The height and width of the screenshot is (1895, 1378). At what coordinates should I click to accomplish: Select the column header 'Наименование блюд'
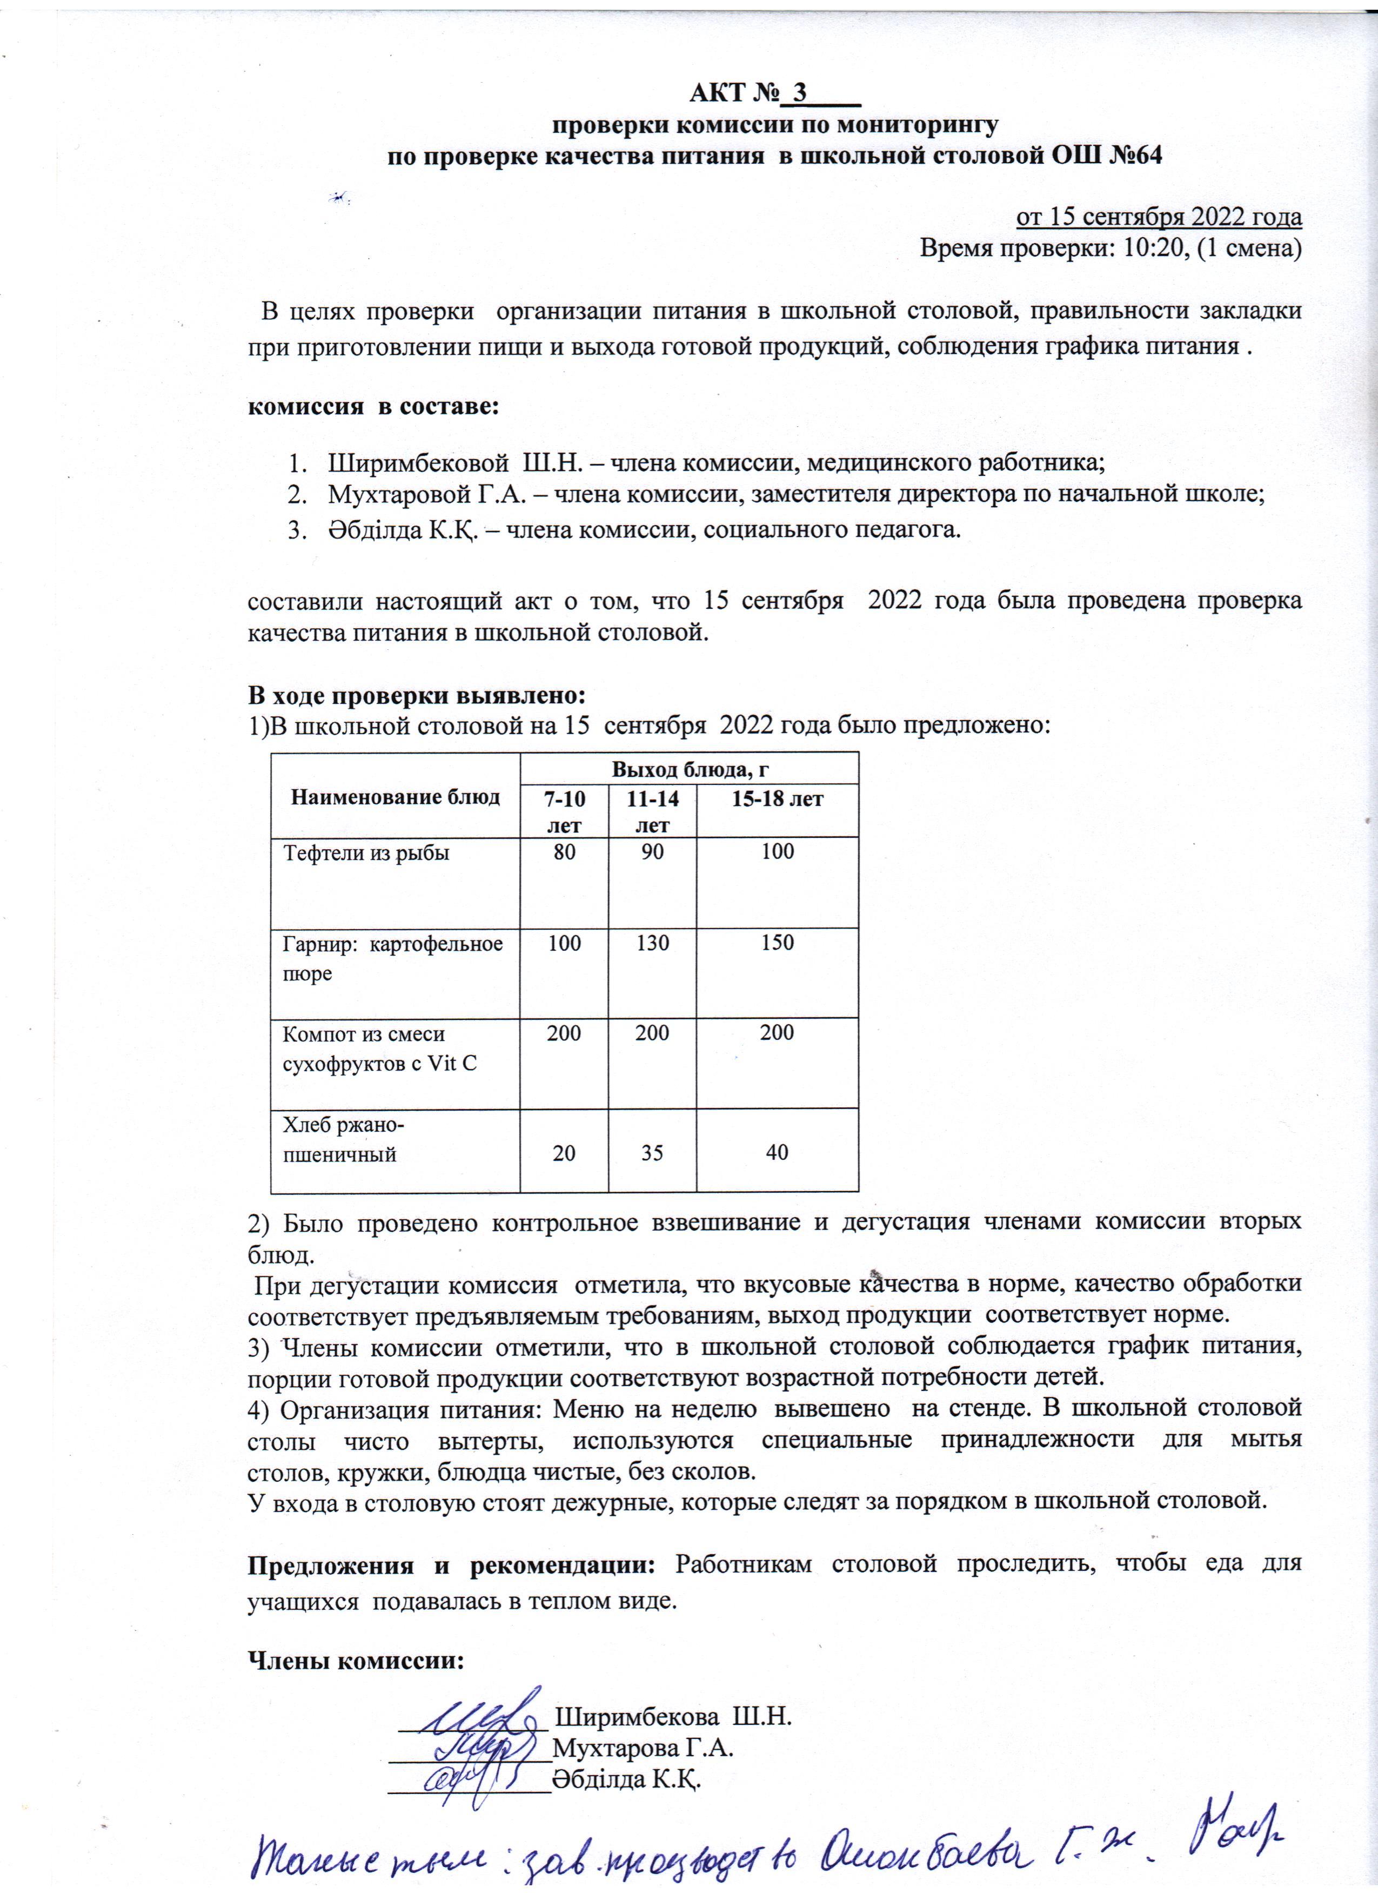click(395, 796)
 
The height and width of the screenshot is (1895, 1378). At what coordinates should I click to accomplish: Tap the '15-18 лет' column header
click(777, 799)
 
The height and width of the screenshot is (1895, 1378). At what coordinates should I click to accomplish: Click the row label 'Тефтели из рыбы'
click(366, 853)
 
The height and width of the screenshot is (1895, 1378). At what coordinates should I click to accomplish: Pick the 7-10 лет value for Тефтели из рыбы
click(564, 852)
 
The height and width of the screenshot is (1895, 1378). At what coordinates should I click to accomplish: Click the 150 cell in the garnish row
click(777, 943)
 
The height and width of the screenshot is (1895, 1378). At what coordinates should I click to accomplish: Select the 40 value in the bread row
click(777, 1153)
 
